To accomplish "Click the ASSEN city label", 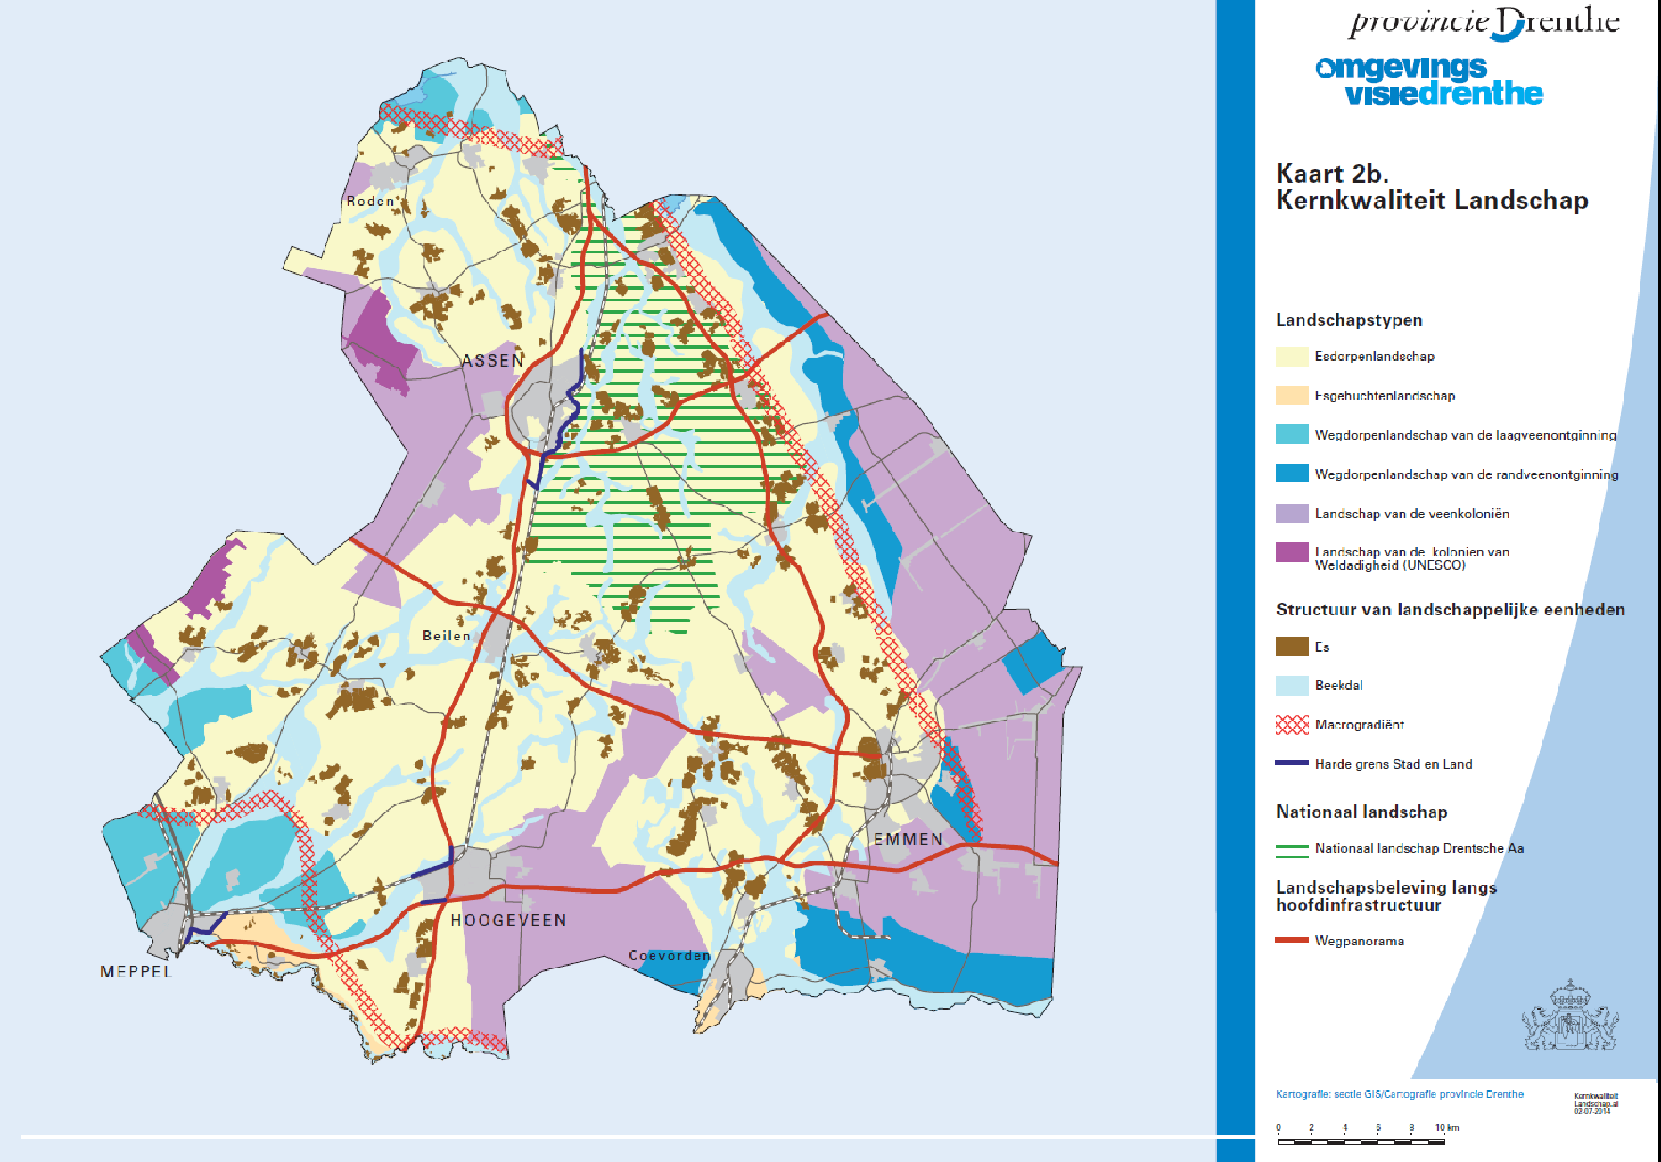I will tap(492, 361).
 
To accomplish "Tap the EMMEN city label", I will tap(908, 839).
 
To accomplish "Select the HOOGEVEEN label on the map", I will tap(508, 920).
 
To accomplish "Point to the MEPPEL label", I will tap(136, 972).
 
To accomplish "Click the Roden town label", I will tap(371, 202).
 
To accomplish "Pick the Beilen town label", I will tap(446, 636).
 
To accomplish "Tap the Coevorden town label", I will tap(670, 955).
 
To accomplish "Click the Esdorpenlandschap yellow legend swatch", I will tap(1291, 357).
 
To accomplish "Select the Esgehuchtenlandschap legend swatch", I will tap(1291, 396).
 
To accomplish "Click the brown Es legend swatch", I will tap(1291, 647).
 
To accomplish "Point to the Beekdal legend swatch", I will tap(1291, 686).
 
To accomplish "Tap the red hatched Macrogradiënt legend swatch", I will tap(1291, 725).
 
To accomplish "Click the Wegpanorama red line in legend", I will tap(1291, 940).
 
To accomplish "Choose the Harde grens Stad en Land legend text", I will tap(1393, 764).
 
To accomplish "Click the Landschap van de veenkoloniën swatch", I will tap(1291, 514).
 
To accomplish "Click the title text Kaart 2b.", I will tap(1332, 174).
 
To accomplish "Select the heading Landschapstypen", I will tap(1348, 320).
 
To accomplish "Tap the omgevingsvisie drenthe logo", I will tap(1428, 81).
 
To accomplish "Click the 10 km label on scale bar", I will tap(1446, 1128).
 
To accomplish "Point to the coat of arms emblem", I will tap(1570, 1017).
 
